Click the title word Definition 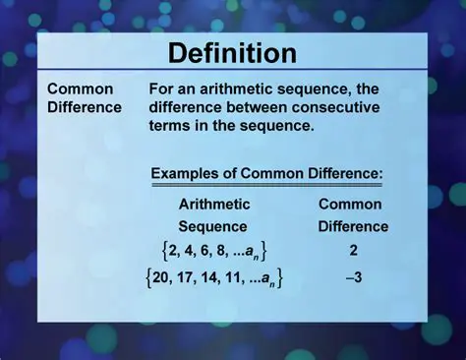tap(232, 53)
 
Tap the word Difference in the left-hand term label tap(85, 106)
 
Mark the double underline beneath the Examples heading tap(265, 185)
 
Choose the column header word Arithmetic tap(213, 205)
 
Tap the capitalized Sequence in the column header tap(213, 226)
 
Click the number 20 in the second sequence tap(162, 278)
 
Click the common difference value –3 tap(353, 278)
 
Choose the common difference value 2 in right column tap(353, 251)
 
